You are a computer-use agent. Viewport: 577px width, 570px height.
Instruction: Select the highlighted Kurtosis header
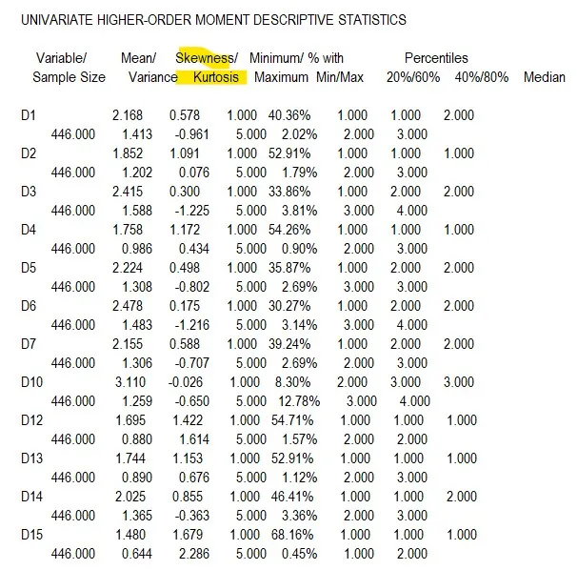(x=215, y=76)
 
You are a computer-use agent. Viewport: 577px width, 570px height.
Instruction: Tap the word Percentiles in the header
(x=436, y=58)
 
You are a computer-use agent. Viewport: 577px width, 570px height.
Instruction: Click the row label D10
(x=30, y=382)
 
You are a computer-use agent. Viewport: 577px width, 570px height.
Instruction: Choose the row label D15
(x=30, y=535)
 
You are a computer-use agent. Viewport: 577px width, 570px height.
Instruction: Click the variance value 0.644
(x=136, y=554)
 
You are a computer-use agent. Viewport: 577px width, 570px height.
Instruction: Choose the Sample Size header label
(x=69, y=76)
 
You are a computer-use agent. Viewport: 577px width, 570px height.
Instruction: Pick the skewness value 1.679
(x=185, y=535)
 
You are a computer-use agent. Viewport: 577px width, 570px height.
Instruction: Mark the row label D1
(x=28, y=115)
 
